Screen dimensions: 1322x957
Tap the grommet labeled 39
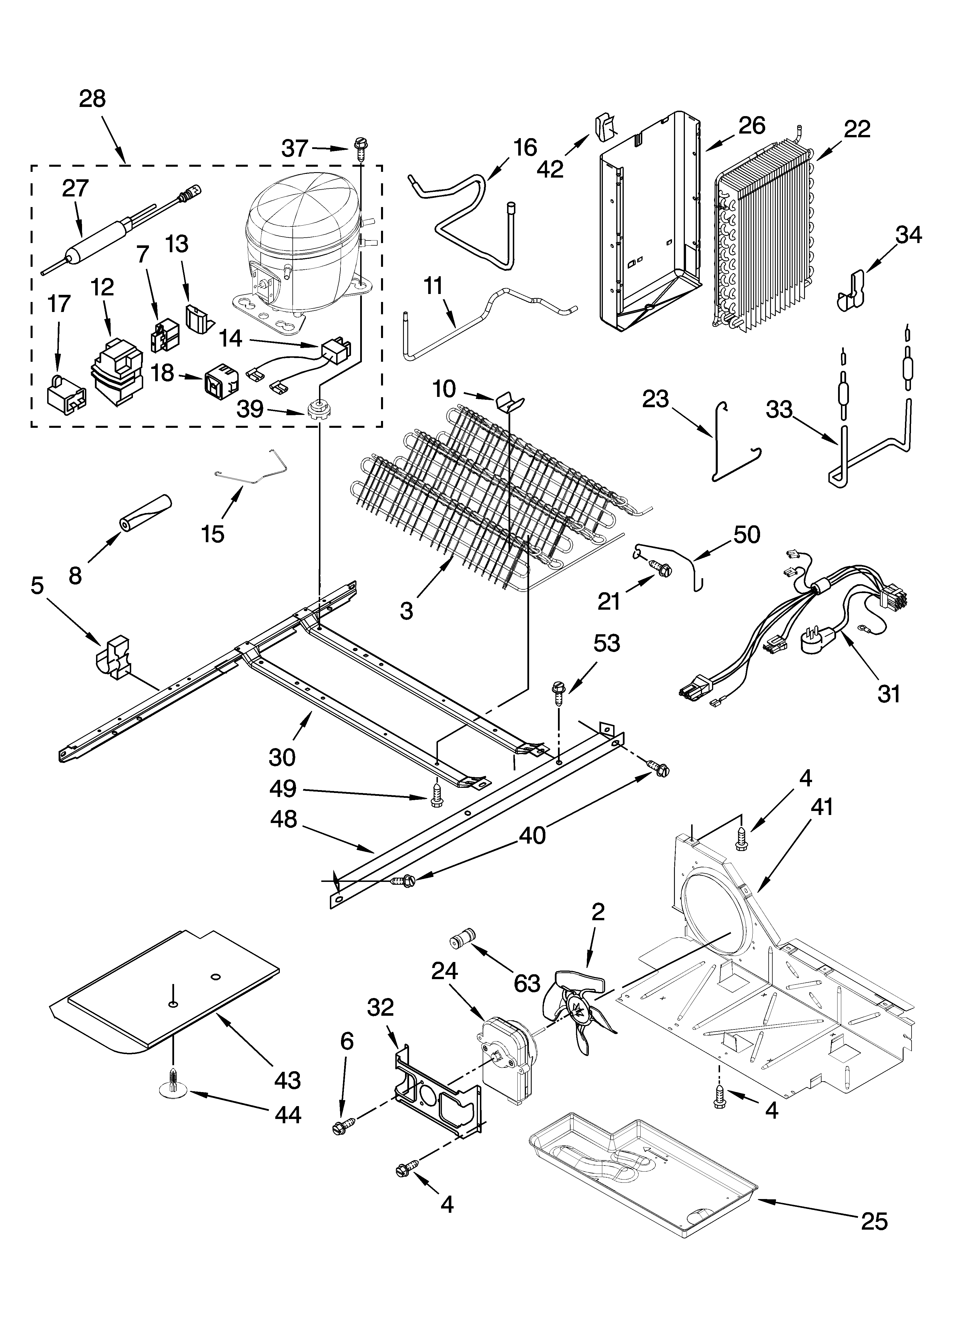(x=318, y=407)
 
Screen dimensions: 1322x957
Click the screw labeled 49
(x=436, y=796)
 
